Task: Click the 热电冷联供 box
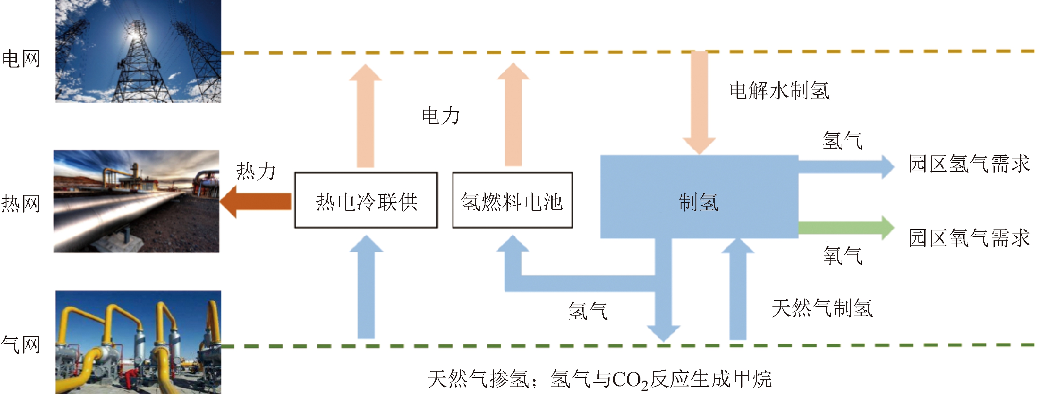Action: pyautogui.click(x=366, y=200)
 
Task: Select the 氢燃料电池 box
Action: pyautogui.click(x=512, y=200)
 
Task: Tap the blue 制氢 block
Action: pyautogui.click(x=699, y=197)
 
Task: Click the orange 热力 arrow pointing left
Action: pyautogui.click(x=256, y=202)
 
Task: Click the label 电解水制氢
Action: pyautogui.click(x=779, y=90)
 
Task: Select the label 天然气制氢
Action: pyautogui.click(x=822, y=308)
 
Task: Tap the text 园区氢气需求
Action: pyautogui.click(x=969, y=164)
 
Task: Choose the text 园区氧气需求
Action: pyautogui.click(x=969, y=238)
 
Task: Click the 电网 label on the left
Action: pyautogui.click(x=21, y=59)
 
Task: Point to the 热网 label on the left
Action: pyautogui.click(x=21, y=203)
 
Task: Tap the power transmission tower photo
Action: pyautogui.click(x=138, y=51)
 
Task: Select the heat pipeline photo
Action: pyautogui.click(x=136, y=202)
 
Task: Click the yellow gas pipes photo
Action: pyautogui.click(x=138, y=342)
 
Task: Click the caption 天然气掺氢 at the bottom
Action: pyautogui.click(x=478, y=379)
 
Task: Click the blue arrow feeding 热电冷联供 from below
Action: pyautogui.click(x=366, y=287)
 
